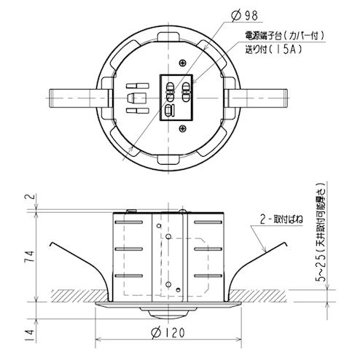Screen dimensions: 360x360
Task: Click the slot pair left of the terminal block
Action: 133,103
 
